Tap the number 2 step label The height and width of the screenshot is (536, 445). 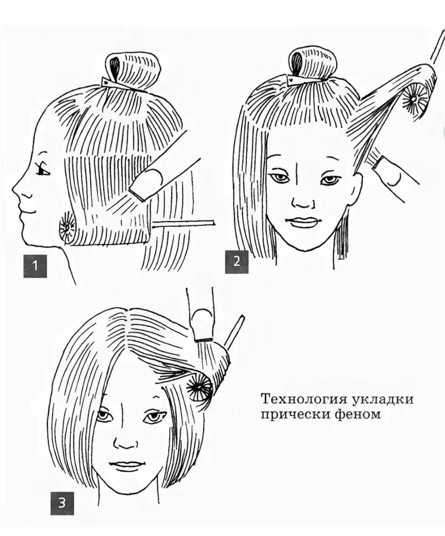pos(237,260)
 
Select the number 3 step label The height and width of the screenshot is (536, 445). pos(62,502)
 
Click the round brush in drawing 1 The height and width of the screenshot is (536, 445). pos(68,229)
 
